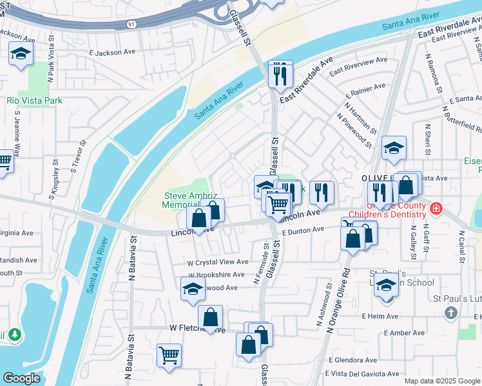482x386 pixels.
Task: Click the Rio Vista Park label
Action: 34,100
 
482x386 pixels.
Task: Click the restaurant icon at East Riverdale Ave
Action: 280,74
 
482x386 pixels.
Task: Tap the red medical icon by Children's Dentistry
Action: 436,208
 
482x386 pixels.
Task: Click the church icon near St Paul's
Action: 450,313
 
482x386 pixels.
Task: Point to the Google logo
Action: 21,378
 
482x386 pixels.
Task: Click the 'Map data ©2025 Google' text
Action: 441,381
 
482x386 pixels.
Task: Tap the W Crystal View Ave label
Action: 217,262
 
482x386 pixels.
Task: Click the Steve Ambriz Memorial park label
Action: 184,200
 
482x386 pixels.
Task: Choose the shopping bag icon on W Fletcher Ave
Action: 210,317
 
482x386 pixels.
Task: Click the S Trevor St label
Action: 78,158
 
